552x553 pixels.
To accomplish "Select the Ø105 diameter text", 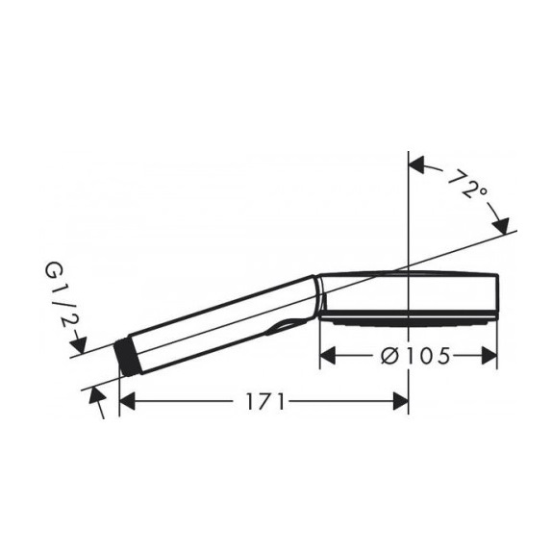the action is pos(415,356).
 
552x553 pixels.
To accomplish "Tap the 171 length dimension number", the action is pos(264,402).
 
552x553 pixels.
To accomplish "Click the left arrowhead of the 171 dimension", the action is pos(127,401).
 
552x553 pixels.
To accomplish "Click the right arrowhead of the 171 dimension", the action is pos(401,401).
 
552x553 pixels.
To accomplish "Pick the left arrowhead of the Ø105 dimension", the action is pos(327,356).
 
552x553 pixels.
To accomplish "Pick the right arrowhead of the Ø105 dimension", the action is pos(489,356).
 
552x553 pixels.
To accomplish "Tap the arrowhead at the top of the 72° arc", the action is pos(415,165).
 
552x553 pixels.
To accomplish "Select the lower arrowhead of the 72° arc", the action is pos(501,226).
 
